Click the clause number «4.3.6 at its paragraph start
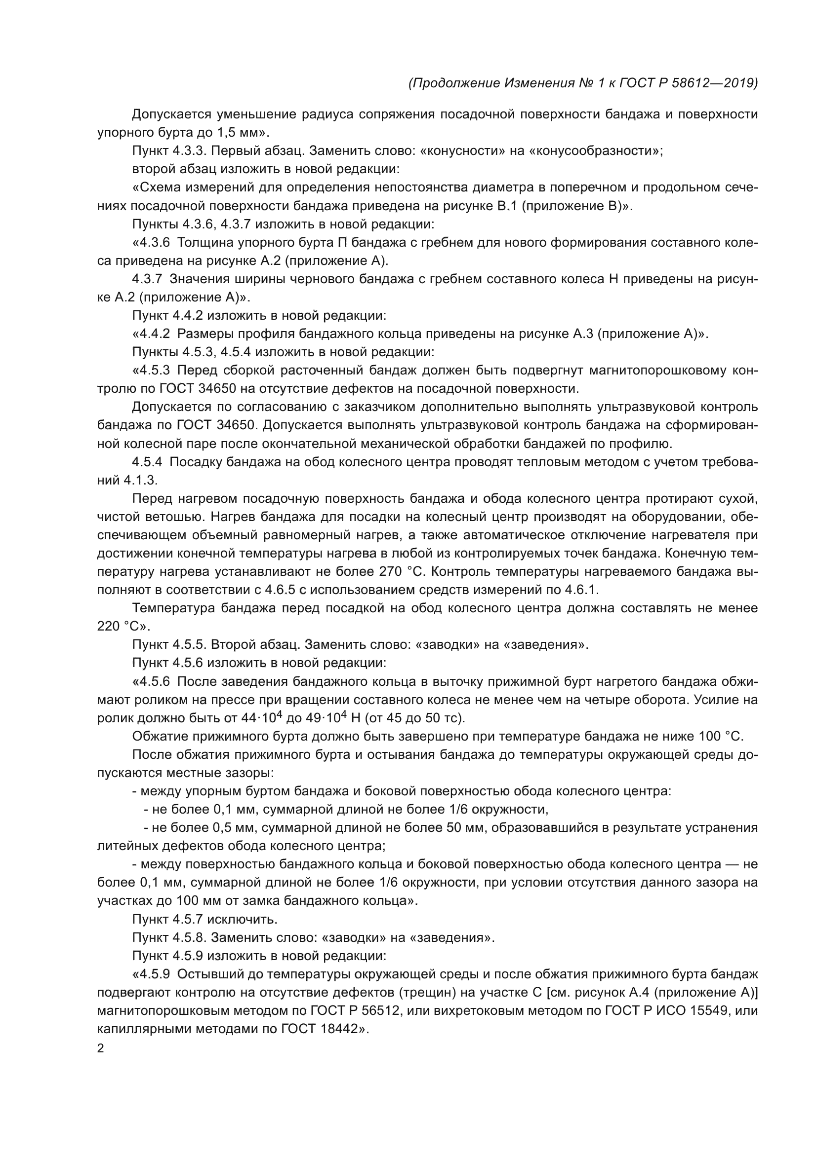[x=151, y=243]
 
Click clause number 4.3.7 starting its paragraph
[x=147, y=279]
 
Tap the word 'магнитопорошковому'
[x=659, y=371]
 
